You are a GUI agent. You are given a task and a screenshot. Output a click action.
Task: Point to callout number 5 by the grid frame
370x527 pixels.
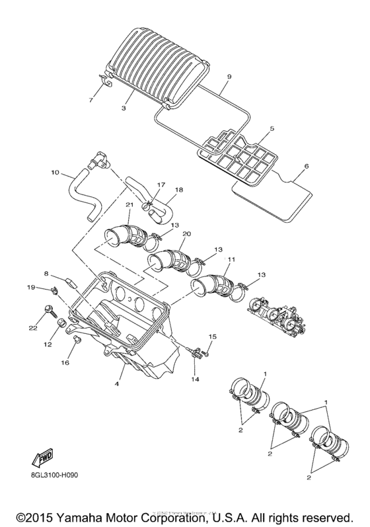272,129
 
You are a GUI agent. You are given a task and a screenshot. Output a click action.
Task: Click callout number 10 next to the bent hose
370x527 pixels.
54,174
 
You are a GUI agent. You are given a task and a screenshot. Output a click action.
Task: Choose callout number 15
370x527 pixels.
213,337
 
